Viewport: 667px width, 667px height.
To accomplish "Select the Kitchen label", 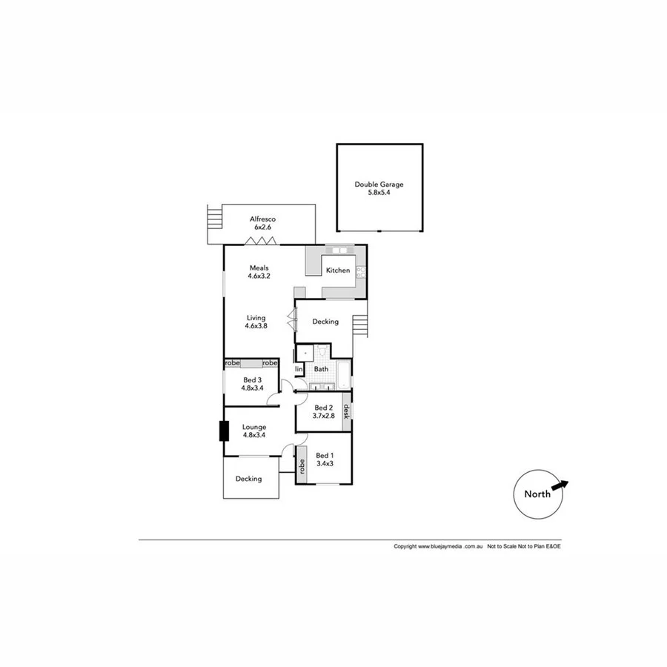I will pos(338,271).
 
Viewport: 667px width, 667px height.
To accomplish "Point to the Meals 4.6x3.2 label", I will pos(259,272).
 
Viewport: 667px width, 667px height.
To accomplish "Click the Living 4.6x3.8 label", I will pos(256,322).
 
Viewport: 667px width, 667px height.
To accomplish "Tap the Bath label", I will pos(321,369).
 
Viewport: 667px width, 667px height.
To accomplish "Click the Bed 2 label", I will pos(325,411).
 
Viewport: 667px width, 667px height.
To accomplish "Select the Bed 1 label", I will pos(325,459).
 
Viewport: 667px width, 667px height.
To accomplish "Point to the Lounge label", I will pos(254,431).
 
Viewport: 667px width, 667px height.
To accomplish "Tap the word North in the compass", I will pos(537,494).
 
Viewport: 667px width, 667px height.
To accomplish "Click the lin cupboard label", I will pos(299,369).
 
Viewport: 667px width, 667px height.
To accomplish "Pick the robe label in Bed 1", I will pos(302,466).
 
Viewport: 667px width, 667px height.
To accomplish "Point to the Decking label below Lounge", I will pos(249,479).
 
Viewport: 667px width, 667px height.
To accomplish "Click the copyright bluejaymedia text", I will pos(439,546).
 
